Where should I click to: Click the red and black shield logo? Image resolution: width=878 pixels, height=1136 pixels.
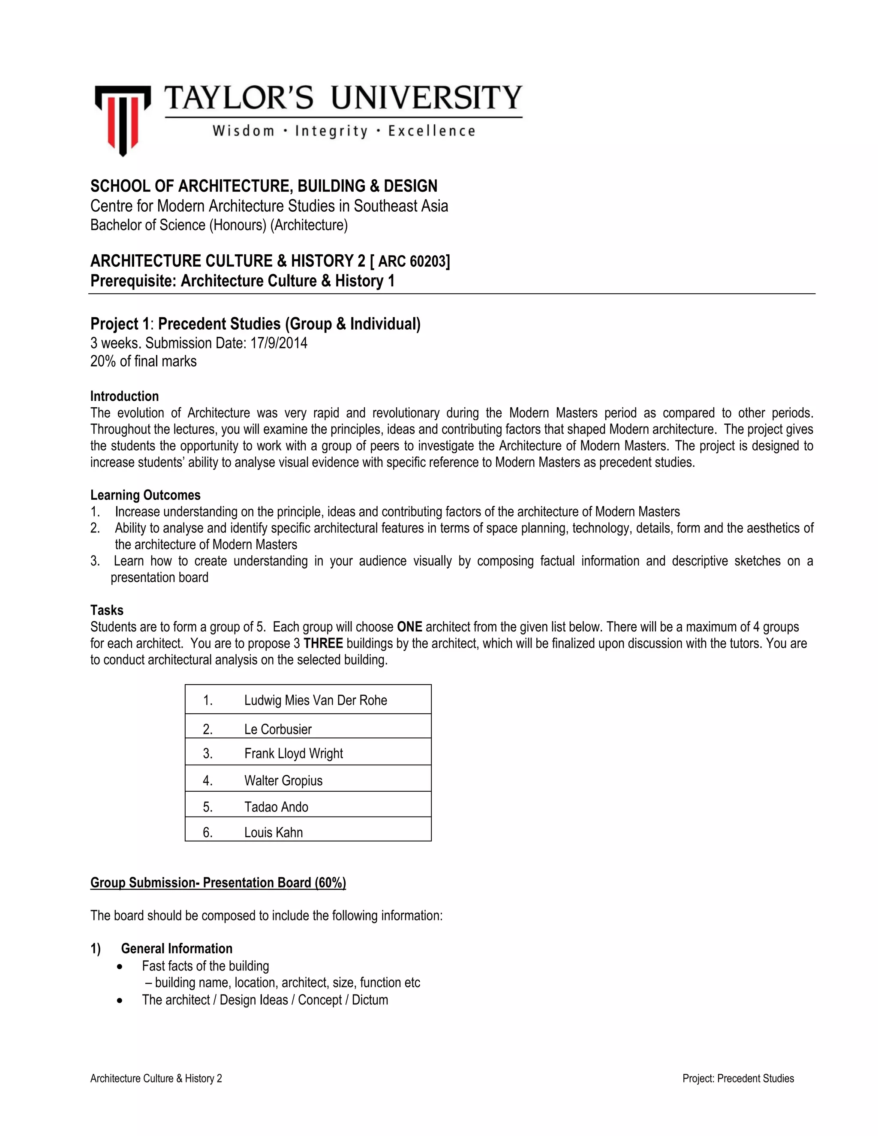pos(123,120)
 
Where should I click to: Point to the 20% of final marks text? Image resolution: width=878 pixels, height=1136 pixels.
pos(144,361)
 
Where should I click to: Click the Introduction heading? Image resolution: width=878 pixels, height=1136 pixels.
pos(124,397)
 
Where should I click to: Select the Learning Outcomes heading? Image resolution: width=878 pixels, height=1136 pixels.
pos(145,495)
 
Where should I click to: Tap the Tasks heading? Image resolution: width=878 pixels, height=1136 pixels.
pos(107,610)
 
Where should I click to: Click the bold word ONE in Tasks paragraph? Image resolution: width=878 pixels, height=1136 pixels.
pos(409,627)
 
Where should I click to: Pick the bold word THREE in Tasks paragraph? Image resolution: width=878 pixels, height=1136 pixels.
pos(323,643)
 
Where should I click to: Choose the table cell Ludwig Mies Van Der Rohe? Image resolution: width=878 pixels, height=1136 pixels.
pos(315,700)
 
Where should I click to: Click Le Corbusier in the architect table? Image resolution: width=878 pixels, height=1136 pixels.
pos(278,729)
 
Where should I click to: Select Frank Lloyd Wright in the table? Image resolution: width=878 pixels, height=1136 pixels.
pos(293,754)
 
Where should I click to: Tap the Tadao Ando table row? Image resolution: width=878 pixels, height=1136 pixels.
pos(276,807)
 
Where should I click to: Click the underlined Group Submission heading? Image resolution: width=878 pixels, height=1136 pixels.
pos(218,883)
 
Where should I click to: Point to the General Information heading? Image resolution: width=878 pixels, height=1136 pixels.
pos(176,949)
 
